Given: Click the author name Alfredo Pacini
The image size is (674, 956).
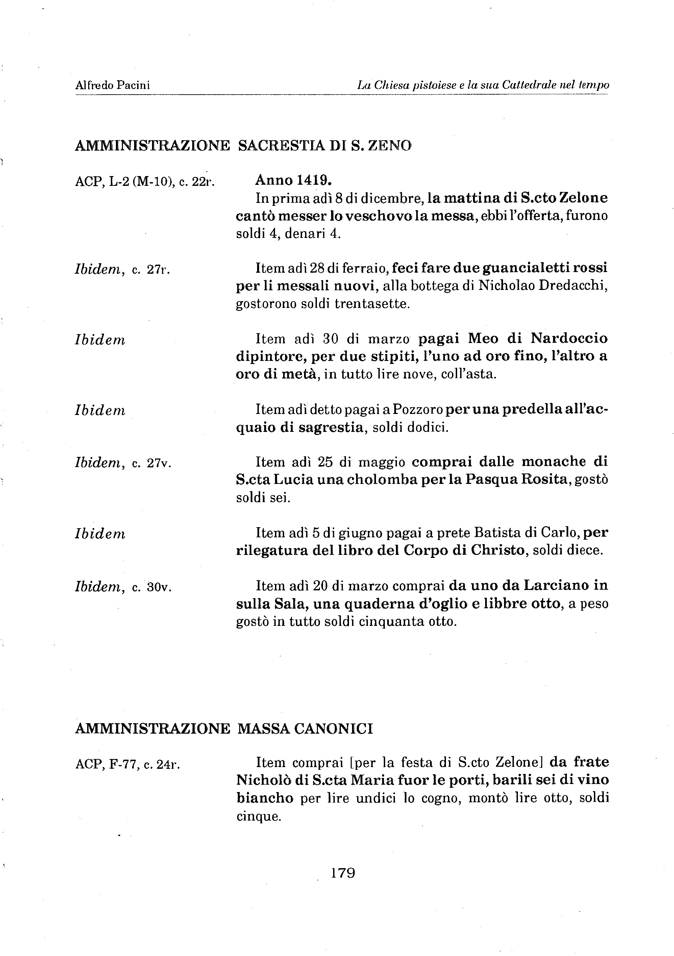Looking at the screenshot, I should click(113, 85).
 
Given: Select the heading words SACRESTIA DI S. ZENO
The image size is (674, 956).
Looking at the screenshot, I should click(324, 145).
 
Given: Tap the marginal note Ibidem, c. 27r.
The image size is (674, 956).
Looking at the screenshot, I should click(122, 269).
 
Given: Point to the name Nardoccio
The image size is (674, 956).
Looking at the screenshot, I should click(569, 338).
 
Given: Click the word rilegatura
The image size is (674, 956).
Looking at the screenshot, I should click(271, 550).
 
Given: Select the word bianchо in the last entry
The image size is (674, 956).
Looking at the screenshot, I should click(265, 798).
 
